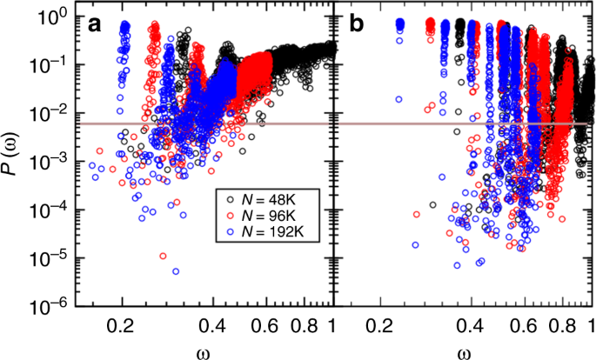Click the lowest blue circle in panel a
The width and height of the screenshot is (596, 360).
click(176, 271)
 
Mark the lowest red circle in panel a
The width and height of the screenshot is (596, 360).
click(164, 257)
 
